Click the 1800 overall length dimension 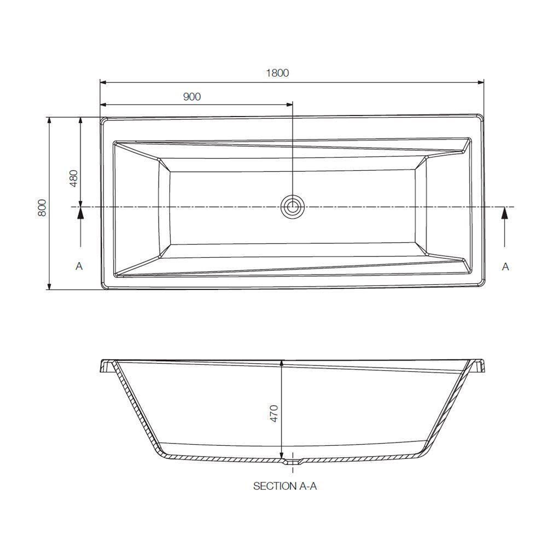(277, 73)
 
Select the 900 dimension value (191, 97)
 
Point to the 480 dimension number (74, 178)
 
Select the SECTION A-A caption (285, 486)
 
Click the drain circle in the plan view (292, 206)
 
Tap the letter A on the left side (79, 266)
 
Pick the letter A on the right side (505, 266)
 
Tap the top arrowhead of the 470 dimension (281, 363)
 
